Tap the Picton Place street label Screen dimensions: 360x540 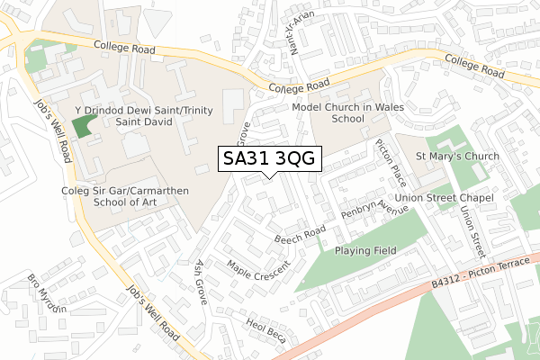pyautogui.click(x=388, y=161)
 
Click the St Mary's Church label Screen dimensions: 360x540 pyautogui.click(x=457, y=157)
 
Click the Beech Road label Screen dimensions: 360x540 pyautogui.click(x=300, y=237)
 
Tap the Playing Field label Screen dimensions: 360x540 pyautogui.click(x=372, y=251)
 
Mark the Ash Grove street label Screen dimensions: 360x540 pyautogui.click(x=202, y=283)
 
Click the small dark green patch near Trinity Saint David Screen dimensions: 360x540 pyautogui.click(x=82, y=127)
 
